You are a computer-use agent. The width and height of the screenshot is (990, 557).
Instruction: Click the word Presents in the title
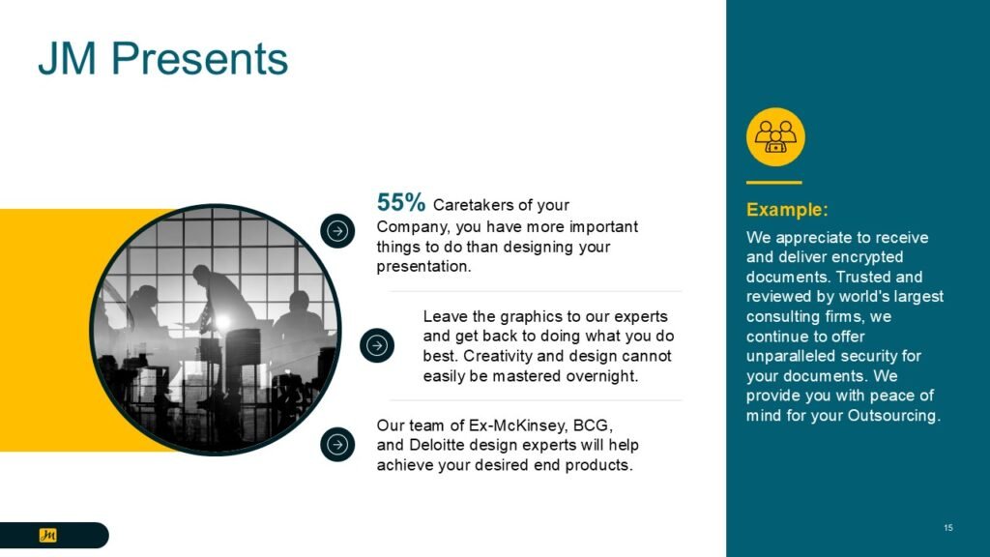tap(199, 58)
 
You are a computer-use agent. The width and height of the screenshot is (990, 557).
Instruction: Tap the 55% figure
tap(401, 202)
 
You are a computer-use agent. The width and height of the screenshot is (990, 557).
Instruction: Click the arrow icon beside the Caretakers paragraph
tap(337, 231)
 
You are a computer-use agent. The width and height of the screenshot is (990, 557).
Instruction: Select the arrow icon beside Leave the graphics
tap(377, 345)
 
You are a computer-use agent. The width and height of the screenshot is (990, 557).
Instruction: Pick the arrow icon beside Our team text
tap(337, 445)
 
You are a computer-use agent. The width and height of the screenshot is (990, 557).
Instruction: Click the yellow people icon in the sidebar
tap(775, 137)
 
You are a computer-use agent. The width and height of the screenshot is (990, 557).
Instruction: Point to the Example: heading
tap(787, 209)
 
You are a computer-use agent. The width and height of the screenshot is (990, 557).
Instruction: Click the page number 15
tap(948, 528)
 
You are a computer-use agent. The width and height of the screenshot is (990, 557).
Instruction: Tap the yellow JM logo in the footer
tap(48, 535)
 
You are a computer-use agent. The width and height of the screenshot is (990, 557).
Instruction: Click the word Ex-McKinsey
tap(518, 425)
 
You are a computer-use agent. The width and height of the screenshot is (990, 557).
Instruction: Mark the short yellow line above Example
tap(774, 183)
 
